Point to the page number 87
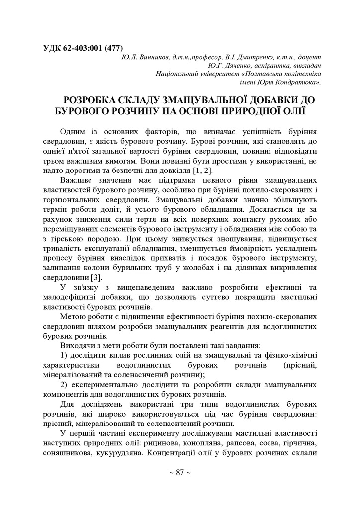(180, 472)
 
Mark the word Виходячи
(78, 344)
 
